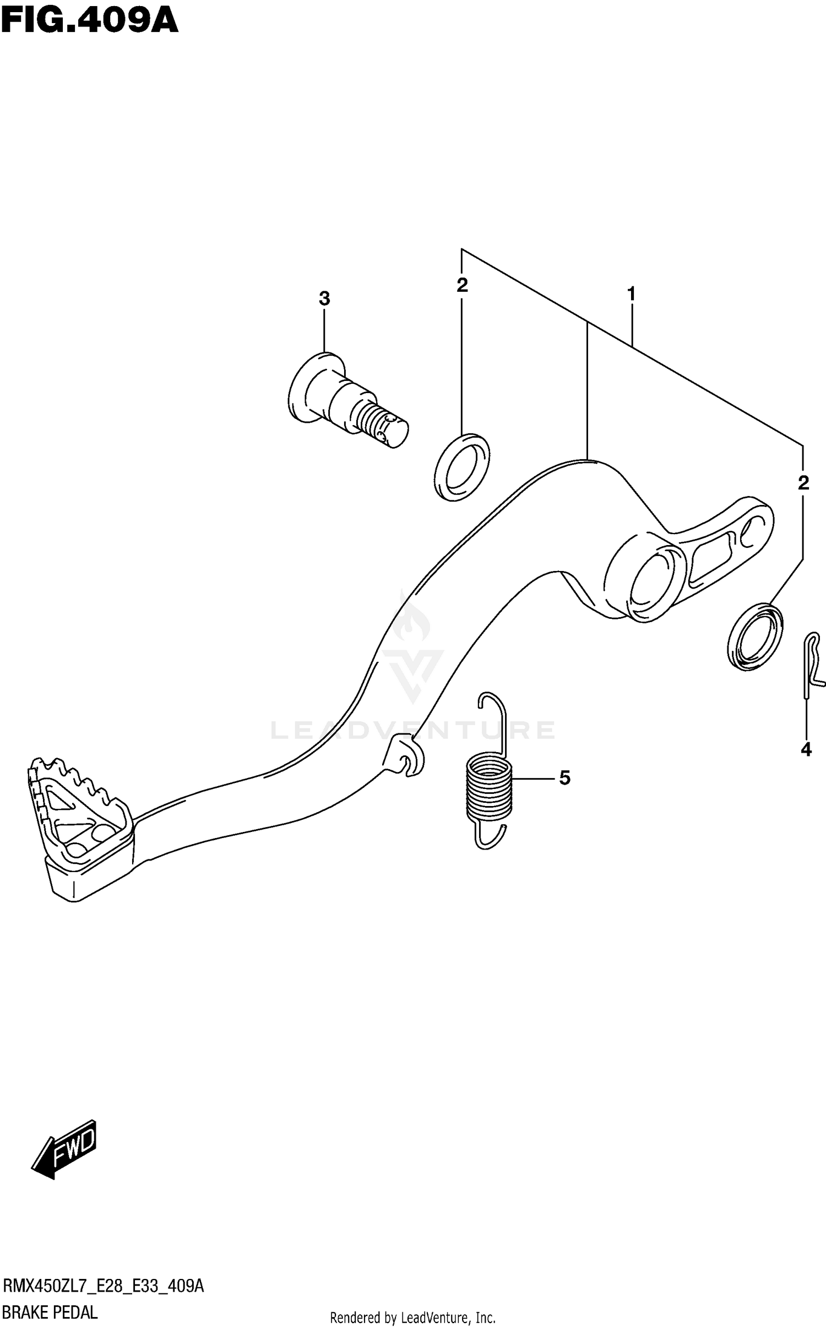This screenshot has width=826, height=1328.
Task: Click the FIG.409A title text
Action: tap(90, 21)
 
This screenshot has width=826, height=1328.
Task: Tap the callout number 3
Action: tap(324, 299)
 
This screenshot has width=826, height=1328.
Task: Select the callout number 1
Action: tap(631, 294)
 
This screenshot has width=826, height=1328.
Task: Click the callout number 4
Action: tap(806, 749)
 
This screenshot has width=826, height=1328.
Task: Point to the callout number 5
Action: tap(564, 778)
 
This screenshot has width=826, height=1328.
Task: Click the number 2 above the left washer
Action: tap(462, 285)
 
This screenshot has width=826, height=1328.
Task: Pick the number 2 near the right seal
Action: tap(803, 483)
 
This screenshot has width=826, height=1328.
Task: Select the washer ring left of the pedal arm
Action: tap(461, 467)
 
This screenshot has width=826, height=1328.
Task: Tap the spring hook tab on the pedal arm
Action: tap(405, 758)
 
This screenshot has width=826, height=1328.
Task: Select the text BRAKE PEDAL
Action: tap(50, 1313)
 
